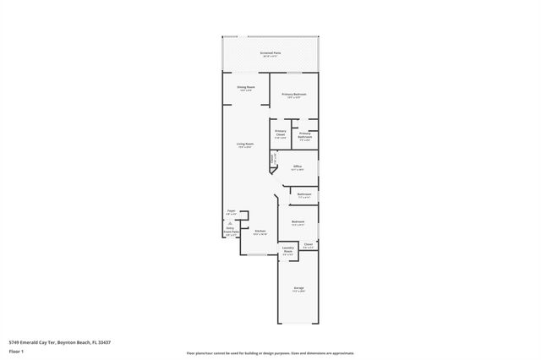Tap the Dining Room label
coord(245,88)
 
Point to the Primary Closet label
coord(281,134)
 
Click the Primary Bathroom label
coord(304,136)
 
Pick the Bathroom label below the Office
coord(304,196)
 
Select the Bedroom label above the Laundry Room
coord(298,224)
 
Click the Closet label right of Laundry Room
coord(309,246)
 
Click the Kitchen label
coord(260,232)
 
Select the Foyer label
coord(232,213)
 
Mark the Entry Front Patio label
coord(231,232)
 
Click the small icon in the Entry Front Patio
coord(231,223)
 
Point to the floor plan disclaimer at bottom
coord(270,352)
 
